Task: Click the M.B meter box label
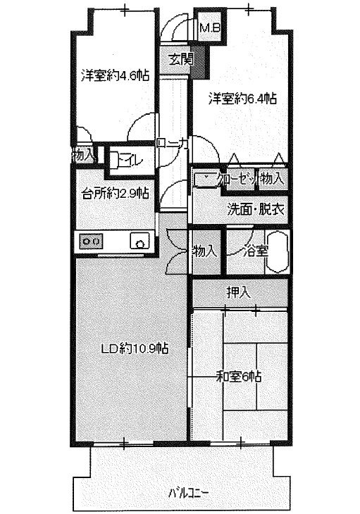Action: [210, 27]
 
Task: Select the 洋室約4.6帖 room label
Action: [115, 75]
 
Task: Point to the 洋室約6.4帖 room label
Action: [242, 99]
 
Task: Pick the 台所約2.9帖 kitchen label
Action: [115, 194]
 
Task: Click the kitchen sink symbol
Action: [140, 242]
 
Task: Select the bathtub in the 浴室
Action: [277, 252]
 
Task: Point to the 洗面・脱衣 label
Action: [256, 209]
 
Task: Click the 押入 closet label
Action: [239, 292]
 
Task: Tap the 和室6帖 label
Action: [239, 377]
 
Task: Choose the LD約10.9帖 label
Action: [135, 348]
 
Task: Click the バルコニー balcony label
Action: [189, 492]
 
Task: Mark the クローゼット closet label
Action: [237, 180]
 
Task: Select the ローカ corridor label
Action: [173, 143]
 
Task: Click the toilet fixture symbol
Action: [114, 161]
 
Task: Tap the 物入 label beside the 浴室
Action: [204, 252]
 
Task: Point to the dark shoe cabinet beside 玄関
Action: [199, 62]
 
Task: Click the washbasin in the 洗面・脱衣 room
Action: [205, 179]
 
